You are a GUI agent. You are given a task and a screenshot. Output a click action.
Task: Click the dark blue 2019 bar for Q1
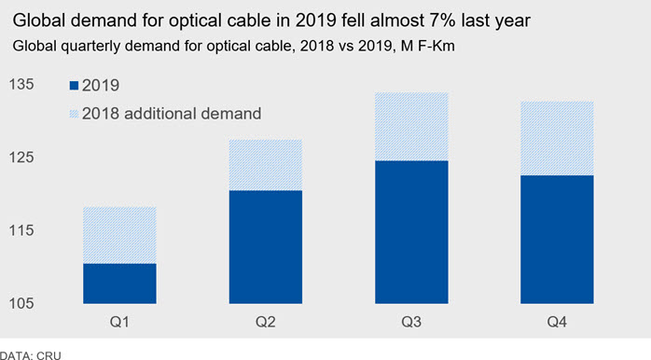point(119,284)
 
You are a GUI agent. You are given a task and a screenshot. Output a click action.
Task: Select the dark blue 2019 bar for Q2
point(266,247)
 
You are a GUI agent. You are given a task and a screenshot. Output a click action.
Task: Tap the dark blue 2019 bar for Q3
point(411,232)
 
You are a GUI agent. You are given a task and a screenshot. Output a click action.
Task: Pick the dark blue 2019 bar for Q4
point(557,240)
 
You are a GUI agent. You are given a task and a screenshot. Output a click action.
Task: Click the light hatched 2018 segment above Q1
point(119,235)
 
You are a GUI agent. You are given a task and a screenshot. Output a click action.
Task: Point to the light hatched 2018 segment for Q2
point(266,165)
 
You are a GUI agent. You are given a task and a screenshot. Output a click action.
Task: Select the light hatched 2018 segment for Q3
point(411,127)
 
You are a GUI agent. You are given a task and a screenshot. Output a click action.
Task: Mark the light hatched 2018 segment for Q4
point(557,138)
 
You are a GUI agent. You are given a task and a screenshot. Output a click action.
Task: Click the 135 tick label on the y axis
point(21,84)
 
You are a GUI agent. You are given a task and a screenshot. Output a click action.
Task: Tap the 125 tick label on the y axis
point(21,158)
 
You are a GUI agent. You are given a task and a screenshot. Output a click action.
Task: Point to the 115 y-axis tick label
point(21,230)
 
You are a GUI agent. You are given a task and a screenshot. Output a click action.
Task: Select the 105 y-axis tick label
point(21,303)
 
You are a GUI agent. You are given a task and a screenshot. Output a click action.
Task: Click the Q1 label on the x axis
point(119,322)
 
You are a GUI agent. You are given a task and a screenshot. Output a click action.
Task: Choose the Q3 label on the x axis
point(411,322)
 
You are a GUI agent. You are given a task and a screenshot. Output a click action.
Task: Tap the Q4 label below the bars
point(557,322)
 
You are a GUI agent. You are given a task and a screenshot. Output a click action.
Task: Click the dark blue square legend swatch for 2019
point(74,86)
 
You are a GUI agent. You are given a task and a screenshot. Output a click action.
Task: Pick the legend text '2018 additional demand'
point(172,114)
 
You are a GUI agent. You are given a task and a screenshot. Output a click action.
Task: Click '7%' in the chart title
point(442,21)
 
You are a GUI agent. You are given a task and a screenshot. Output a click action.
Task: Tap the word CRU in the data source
point(48,356)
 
